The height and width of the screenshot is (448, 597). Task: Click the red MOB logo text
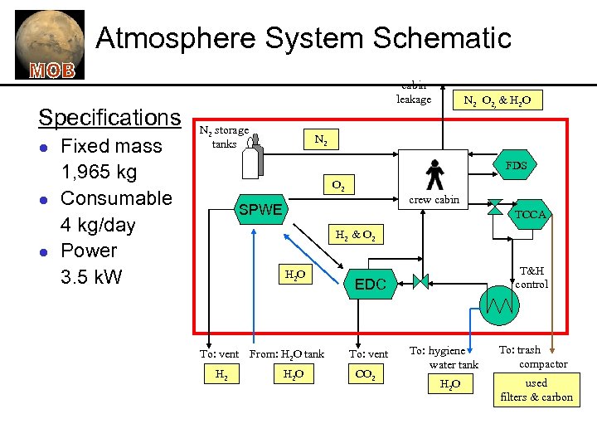point(52,70)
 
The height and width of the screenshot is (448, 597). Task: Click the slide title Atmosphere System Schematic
point(303,38)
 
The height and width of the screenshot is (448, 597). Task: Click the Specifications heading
point(109,117)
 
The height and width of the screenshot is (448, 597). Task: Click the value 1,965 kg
point(99,173)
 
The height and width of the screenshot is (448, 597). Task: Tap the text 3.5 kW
point(91,276)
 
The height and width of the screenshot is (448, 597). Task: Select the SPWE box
point(261,210)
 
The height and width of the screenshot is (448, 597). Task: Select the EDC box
point(371,285)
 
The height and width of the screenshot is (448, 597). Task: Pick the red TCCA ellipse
point(531,214)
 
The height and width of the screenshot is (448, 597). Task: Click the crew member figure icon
point(434,174)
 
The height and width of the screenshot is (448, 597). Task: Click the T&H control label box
point(531,277)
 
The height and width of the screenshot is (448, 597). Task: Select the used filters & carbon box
point(536,390)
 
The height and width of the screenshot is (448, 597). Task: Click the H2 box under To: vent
point(222,376)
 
